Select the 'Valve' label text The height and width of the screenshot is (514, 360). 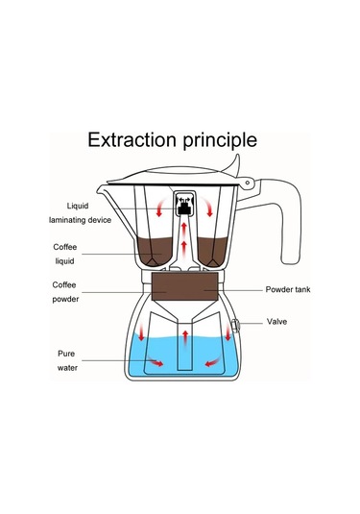(276, 322)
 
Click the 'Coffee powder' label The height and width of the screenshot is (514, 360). (66, 289)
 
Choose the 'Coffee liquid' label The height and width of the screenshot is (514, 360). (66, 254)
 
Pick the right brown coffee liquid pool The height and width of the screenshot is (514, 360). (213, 252)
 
